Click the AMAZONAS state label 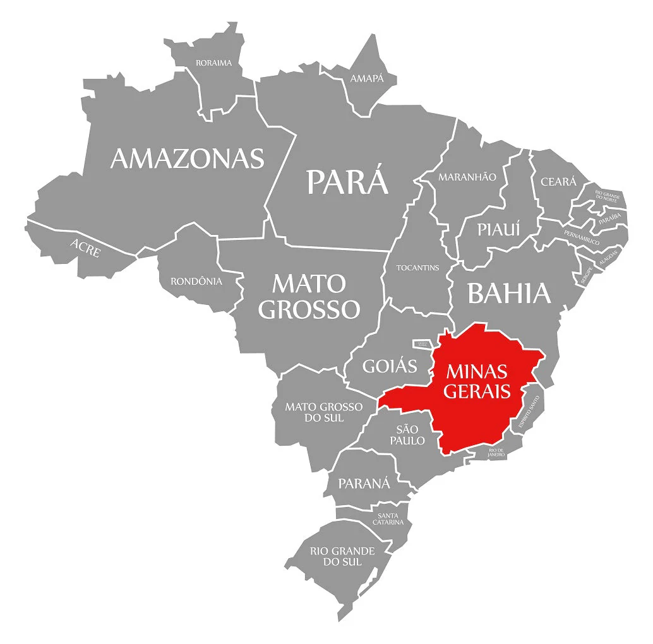coord(187,158)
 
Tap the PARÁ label coord(347,181)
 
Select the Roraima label coord(213,63)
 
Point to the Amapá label coord(367,78)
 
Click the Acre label coord(85,247)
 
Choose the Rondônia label coord(196,281)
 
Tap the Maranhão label coord(467,177)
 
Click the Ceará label coord(558,182)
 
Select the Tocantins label coord(417,268)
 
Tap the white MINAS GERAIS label coord(477,381)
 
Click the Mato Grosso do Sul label coord(324,412)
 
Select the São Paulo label coord(407,435)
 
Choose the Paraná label coord(364,484)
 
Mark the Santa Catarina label coord(388,518)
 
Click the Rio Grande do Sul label coord(342,556)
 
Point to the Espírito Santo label coord(529,414)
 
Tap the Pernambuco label coord(582,238)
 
